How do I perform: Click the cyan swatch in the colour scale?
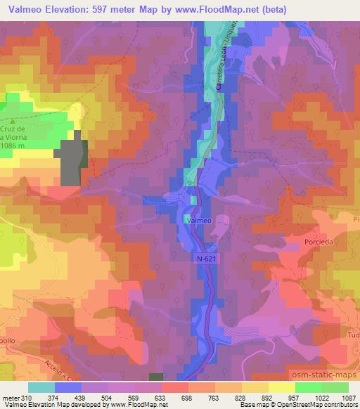pos(41,387)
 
